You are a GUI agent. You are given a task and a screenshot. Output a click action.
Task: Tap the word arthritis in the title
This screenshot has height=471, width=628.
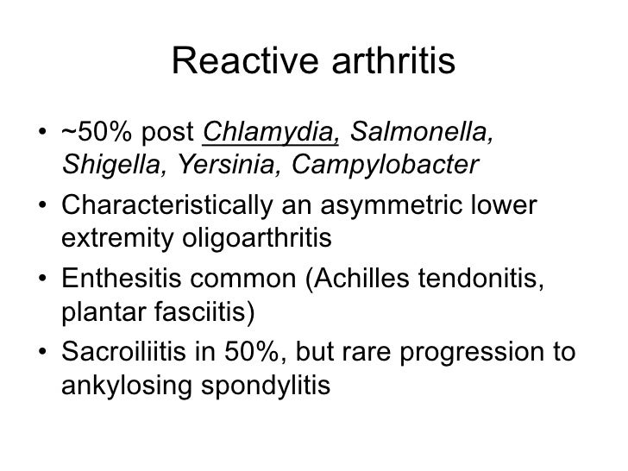[x=386, y=61]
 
